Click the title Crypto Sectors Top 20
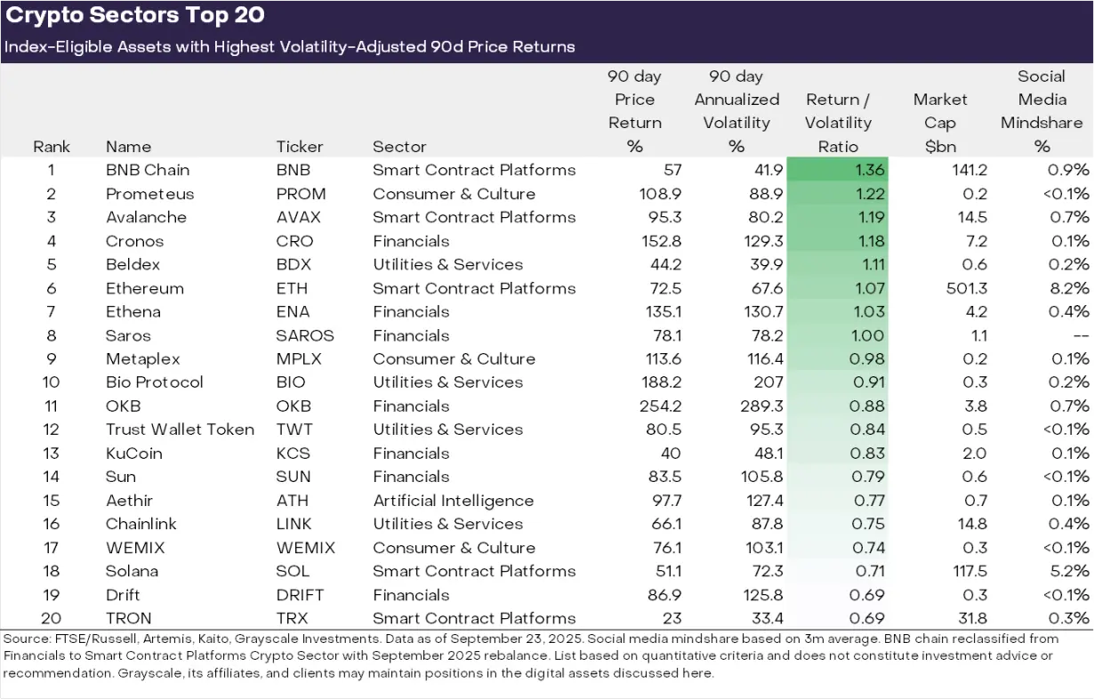coord(135,16)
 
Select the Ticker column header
coord(300,147)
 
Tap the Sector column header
coord(399,147)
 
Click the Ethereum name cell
coord(145,288)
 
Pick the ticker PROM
coord(302,194)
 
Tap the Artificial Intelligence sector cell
coord(453,501)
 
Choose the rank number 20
coord(51,618)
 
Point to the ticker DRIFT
coord(301,595)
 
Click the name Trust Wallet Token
coord(180,430)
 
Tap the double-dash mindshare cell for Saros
coord(1079,335)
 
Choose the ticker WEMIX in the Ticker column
coord(306,548)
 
